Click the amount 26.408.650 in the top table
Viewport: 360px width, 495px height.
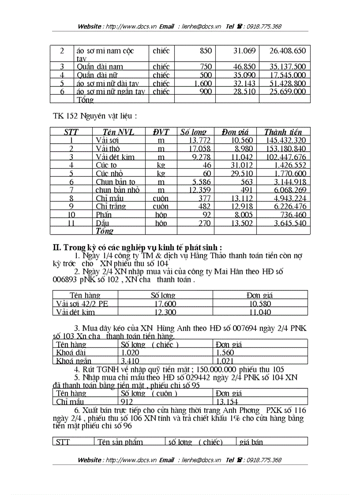coord(287,51)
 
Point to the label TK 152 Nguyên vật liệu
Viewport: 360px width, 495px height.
coord(95,116)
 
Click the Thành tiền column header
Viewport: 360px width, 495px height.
coord(283,132)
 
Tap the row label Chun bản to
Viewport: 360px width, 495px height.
coord(116,182)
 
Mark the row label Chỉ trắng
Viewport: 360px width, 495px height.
coord(111,206)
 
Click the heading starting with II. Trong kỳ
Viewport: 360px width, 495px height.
coord(137,247)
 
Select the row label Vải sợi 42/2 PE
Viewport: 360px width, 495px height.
coord(82,304)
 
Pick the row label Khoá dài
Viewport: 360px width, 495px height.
coord(71,353)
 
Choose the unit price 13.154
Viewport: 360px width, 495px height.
coord(226,402)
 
